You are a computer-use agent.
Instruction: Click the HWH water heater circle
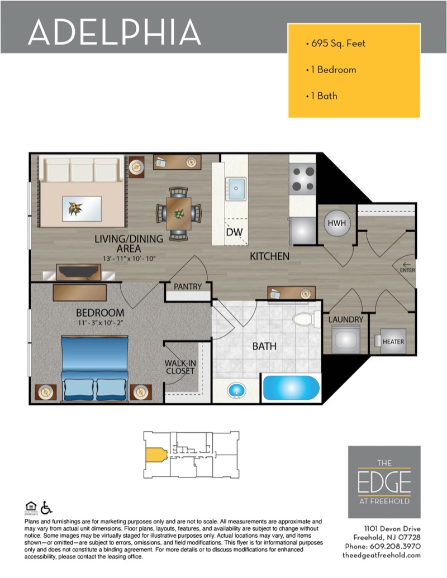tap(337, 223)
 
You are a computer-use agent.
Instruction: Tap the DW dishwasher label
tap(234, 232)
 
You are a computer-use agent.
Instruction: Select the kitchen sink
tap(236, 189)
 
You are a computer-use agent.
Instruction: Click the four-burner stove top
tap(303, 179)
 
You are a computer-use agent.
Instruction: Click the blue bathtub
tap(291, 388)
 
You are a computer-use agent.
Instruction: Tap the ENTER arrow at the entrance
tap(406, 265)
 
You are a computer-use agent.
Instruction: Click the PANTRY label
tap(188, 286)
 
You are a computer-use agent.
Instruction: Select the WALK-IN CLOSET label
tap(180, 367)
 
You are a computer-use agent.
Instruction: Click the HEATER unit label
tap(393, 342)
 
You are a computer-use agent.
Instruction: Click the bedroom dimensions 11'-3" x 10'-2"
tap(101, 323)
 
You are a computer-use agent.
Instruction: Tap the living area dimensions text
tap(129, 259)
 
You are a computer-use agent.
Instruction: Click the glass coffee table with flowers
tap(82, 209)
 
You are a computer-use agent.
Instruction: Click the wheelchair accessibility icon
tap(46, 508)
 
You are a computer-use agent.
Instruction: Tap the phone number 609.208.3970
tap(395, 546)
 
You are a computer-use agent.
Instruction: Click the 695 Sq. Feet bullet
tap(336, 44)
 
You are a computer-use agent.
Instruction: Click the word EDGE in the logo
tap(384, 482)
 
